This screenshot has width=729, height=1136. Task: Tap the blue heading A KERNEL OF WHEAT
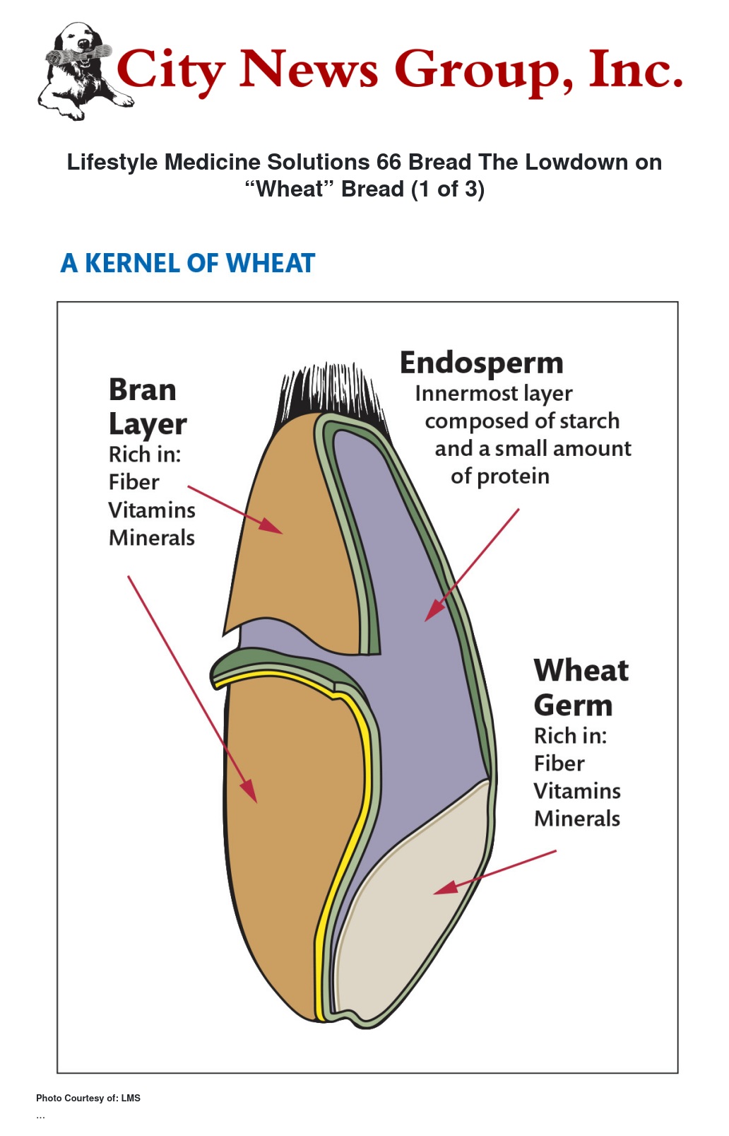point(188,263)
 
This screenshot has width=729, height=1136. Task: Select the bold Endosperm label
point(482,363)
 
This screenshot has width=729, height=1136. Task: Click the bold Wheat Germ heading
point(580,687)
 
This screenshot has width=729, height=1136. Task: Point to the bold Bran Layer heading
point(147,406)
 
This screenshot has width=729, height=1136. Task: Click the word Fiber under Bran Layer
point(134,482)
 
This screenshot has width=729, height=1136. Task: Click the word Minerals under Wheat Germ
point(576,819)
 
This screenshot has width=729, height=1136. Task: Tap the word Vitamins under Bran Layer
point(151,510)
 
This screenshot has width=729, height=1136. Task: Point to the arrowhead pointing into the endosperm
point(433,611)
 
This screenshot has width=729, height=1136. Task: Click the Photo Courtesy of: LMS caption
point(88,1098)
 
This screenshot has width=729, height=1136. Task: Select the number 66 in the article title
point(389,162)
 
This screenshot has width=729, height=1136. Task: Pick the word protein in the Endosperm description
point(513,476)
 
